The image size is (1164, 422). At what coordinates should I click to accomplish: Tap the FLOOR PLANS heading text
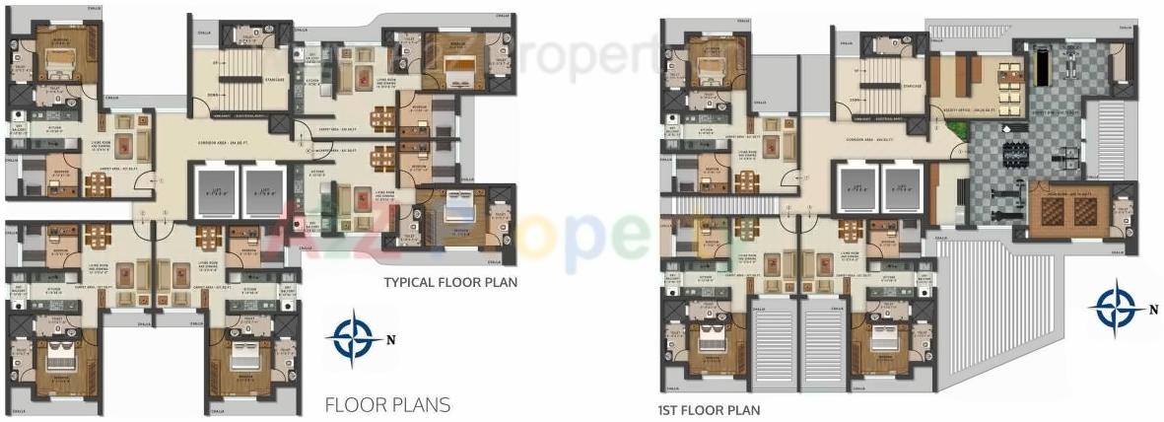coord(387,404)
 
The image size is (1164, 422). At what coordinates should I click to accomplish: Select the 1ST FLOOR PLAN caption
coord(709,409)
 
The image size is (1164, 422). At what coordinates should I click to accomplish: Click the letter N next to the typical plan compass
coord(390,342)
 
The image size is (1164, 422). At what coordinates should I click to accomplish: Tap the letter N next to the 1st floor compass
coord(1154,309)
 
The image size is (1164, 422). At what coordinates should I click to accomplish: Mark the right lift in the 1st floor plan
coord(902,188)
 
